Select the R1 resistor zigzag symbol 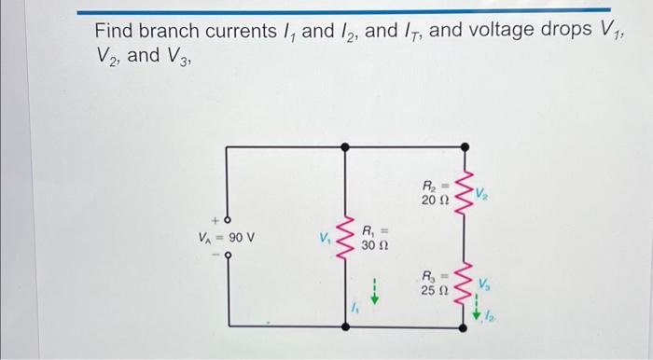pos(346,239)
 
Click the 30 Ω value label pos(374,247)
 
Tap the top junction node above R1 pos(346,146)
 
